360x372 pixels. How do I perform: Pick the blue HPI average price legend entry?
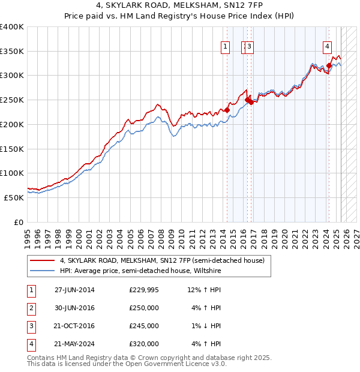(140, 271)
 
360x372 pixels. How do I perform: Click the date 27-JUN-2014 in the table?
(74, 290)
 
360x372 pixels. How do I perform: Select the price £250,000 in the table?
(144, 308)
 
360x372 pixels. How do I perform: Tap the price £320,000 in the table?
(144, 344)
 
